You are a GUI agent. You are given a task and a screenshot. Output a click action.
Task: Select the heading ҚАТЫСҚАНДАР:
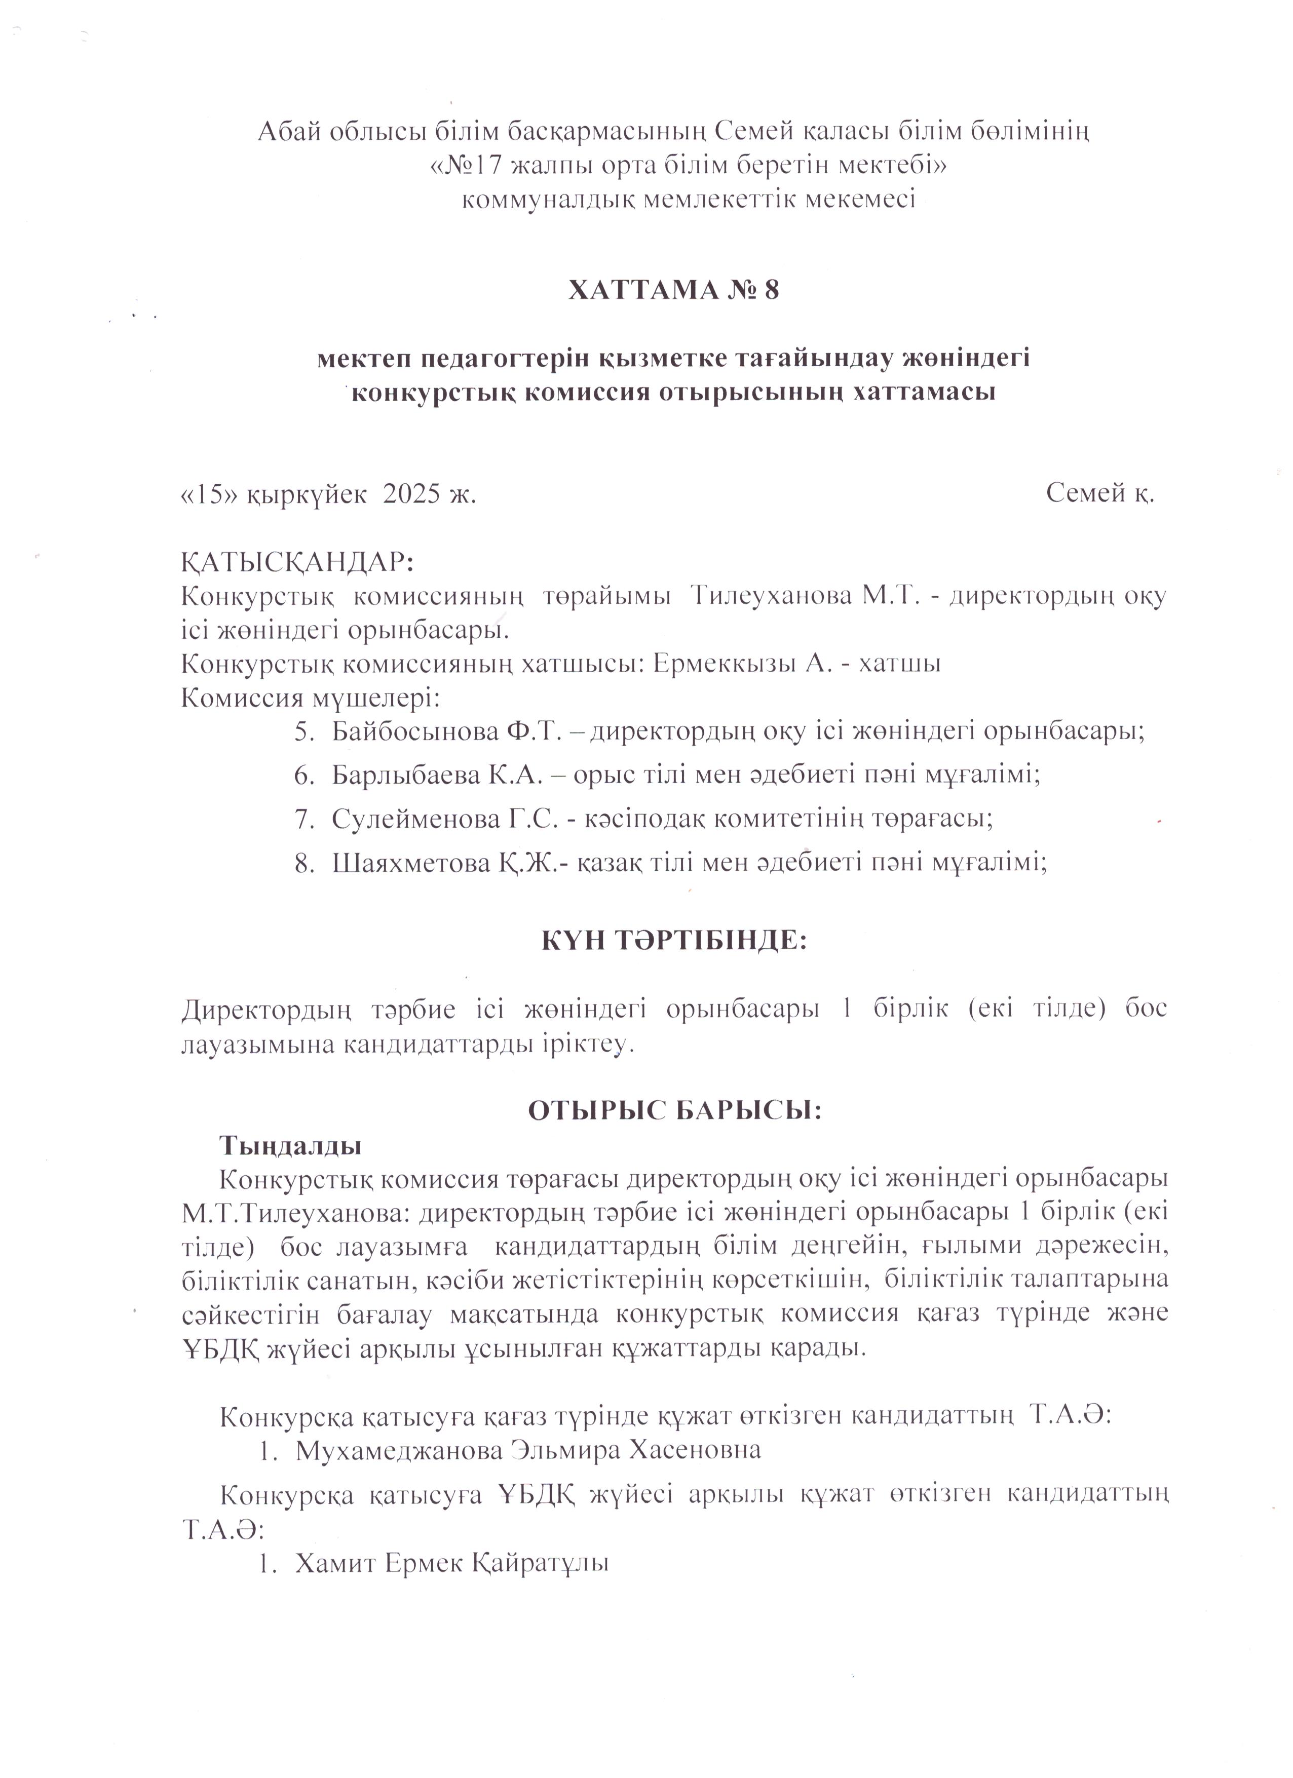[297, 563]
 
